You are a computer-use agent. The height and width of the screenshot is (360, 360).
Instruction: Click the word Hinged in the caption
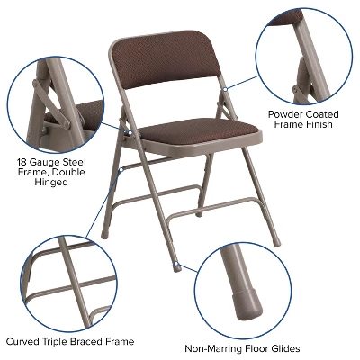tap(54, 184)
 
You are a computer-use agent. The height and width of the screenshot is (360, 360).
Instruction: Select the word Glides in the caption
tap(282, 348)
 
